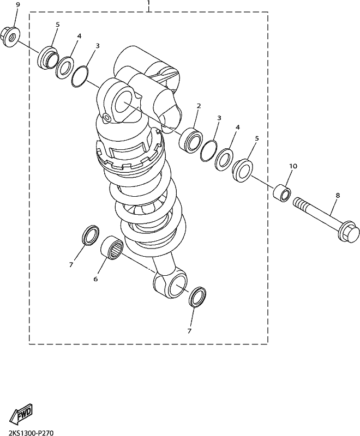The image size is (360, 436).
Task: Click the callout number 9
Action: [18, 5]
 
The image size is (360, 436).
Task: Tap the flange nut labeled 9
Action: [10, 37]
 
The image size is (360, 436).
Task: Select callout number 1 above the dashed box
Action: [148, 3]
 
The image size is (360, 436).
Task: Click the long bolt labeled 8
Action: [325, 220]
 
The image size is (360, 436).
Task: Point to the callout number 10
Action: [293, 166]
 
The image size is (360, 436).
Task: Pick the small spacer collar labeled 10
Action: [282, 193]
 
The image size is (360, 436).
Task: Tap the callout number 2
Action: [199, 106]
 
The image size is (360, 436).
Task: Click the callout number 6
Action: [95, 279]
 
